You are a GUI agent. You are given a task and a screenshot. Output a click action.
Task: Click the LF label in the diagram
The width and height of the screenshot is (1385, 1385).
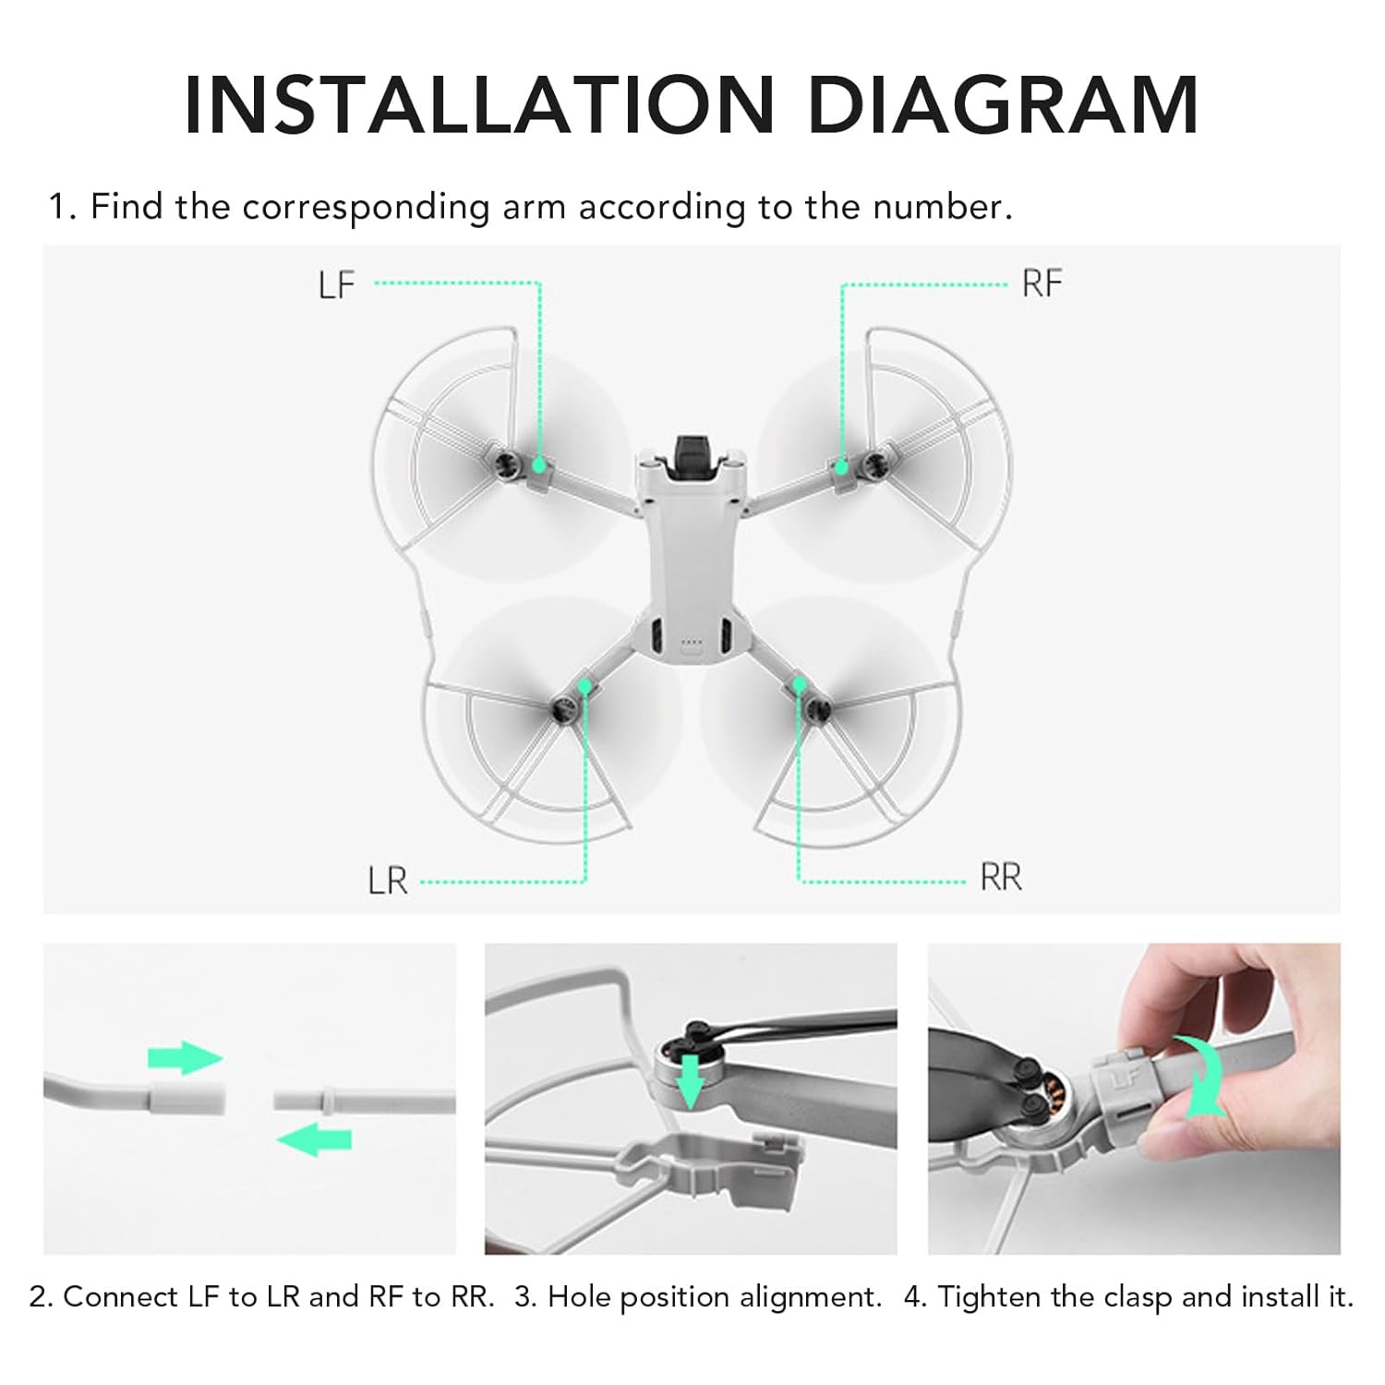coord(336,284)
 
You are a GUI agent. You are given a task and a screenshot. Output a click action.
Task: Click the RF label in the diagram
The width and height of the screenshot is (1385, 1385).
coord(1042,283)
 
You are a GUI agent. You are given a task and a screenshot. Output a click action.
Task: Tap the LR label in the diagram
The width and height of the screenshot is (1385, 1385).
coord(387,880)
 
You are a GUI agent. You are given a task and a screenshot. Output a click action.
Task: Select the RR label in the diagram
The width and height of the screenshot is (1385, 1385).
coord(1001,876)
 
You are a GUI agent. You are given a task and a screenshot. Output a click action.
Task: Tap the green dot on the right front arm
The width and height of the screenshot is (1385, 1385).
coord(841,467)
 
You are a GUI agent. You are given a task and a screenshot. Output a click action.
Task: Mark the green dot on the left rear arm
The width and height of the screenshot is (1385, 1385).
coord(584,685)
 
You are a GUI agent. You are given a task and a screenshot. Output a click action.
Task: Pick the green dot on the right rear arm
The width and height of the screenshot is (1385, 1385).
coord(799,684)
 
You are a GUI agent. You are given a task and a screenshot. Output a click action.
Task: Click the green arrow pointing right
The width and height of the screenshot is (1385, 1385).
coord(186,1058)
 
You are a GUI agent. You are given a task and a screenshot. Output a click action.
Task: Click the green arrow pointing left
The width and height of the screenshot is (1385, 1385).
coord(314,1139)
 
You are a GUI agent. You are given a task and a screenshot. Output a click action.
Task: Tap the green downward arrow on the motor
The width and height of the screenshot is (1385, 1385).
coord(689,1079)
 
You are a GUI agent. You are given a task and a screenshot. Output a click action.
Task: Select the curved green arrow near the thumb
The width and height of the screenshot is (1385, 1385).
coord(1200,1076)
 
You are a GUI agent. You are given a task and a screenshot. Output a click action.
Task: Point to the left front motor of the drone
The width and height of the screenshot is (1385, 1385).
coord(504,462)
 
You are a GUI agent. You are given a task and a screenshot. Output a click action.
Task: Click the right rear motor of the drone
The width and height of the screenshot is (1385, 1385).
coord(818,709)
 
